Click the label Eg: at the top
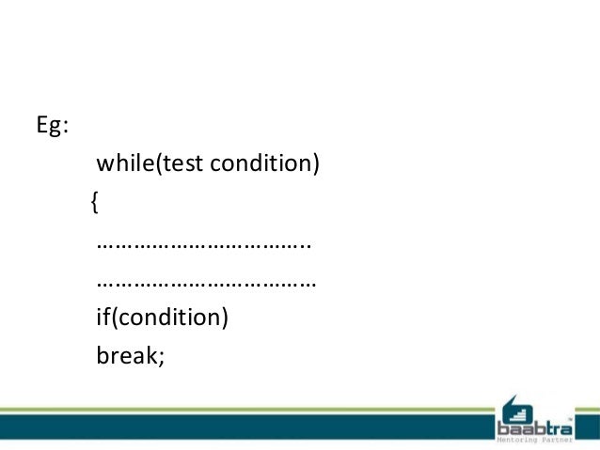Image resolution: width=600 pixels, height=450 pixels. (52, 128)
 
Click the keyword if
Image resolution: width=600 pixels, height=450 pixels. (103, 318)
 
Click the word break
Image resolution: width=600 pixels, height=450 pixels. (126, 356)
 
